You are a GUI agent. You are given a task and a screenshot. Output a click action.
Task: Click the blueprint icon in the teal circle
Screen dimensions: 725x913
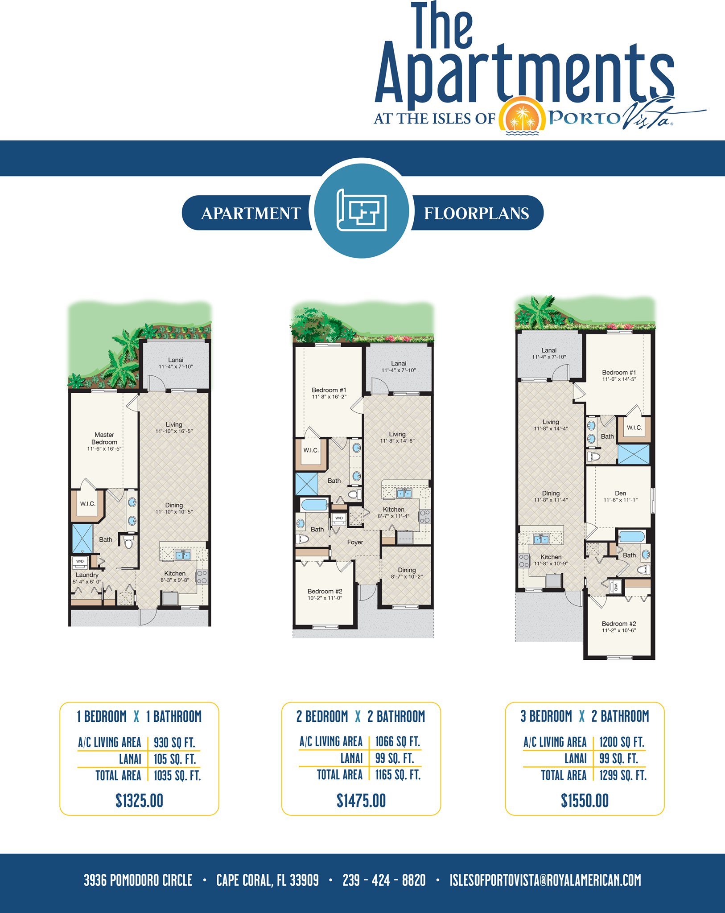[362, 210]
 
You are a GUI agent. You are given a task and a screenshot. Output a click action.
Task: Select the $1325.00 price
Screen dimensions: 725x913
[140, 801]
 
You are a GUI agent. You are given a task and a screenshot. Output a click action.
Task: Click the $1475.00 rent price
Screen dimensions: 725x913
[361, 801]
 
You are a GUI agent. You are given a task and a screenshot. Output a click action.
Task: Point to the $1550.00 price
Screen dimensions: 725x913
[585, 801]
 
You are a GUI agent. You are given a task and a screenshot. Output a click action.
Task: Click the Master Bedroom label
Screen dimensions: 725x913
[104, 438]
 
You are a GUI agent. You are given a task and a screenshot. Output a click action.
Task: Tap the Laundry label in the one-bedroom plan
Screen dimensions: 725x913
[87, 575]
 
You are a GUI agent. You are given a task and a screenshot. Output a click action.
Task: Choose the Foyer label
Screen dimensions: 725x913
[355, 542]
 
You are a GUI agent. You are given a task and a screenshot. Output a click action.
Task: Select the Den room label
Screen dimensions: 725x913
[620, 493]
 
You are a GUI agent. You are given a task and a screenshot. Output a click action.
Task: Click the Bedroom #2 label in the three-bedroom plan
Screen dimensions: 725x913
[619, 624]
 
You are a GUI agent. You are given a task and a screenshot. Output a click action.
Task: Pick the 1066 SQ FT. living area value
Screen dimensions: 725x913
[398, 741]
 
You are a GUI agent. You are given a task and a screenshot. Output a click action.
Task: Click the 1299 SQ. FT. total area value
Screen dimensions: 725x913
[623, 775]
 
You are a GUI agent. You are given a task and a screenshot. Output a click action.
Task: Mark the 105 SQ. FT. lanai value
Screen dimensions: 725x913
[175, 759]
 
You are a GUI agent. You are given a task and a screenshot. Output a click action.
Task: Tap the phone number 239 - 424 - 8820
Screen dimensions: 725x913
[384, 880]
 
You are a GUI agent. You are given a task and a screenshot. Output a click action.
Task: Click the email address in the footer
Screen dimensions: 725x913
[545, 880]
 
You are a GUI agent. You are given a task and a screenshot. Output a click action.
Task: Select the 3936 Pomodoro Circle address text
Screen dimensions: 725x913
[138, 880]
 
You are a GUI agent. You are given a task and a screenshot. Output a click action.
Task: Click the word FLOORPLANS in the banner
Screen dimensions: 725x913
[476, 213]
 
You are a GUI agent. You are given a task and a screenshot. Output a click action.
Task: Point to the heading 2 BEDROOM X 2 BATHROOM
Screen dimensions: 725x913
[361, 716]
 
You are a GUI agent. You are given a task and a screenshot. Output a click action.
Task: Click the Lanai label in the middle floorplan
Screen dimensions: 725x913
[399, 363]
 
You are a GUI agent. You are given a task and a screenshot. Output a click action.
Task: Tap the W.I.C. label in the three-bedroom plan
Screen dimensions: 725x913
[634, 428]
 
